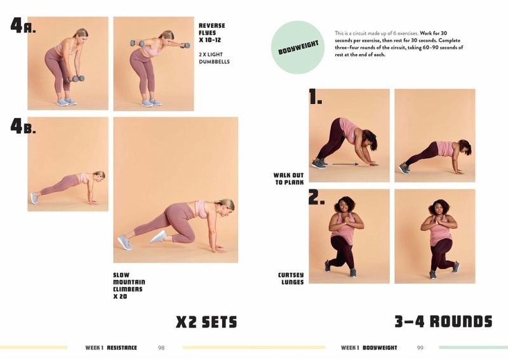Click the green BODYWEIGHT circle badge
click(297, 48)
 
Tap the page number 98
click(161, 348)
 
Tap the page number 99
click(420, 348)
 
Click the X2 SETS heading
click(206, 322)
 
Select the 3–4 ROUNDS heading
click(443, 321)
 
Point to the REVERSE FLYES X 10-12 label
click(211, 33)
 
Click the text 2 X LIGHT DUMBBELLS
click(214, 58)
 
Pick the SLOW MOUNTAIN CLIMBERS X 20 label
click(129, 286)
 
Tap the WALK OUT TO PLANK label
click(289, 179)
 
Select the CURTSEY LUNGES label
click(291, 278)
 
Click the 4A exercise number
click(23, 25)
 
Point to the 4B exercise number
click(23, 126)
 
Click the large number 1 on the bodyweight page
click(315, 97)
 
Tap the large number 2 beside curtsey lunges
click(316, 197)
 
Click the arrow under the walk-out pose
click(345, 164)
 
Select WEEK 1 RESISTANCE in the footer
click(111, 348)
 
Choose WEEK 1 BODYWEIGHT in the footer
click(369, 348)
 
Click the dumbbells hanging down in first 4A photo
click(76, 79)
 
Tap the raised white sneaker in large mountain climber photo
click(158, 237)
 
